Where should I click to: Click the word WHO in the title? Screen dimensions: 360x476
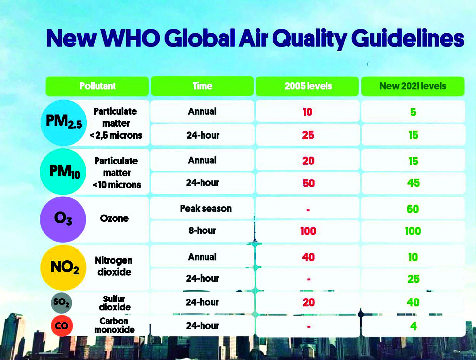(x=130, y=38)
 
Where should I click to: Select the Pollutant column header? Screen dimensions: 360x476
(x=97, y=86)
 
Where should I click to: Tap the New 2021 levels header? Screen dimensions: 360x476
(x=413, y=86)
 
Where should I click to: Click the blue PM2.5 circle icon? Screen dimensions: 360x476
(x=64, y=123)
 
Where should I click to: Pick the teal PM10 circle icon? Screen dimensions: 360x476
(x=63, y=172)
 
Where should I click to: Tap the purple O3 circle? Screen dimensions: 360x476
(x=63, y=219)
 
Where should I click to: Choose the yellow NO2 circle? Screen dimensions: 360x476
(x=63, y=267)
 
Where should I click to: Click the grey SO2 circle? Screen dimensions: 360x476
(x=62, y=302)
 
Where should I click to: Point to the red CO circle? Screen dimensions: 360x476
(x=62, y=326)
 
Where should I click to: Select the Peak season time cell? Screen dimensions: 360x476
(x=205, y=209)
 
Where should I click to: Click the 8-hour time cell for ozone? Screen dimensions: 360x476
(x=202, y=231)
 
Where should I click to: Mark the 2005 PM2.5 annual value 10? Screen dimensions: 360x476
(x=308, y=112)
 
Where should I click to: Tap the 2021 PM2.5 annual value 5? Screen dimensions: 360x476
(x=413, y=112)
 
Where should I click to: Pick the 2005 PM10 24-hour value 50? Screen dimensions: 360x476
(x=309, y=183)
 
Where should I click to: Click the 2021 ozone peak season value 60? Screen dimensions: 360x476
(x=413, y=209)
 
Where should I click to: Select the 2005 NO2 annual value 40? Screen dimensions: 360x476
(x=308, y=257)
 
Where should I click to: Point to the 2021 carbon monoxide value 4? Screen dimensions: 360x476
(x=413, y=326)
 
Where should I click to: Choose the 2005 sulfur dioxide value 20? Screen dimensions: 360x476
(x=309, y=302)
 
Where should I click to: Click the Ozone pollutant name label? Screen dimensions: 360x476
(x=114, y=218)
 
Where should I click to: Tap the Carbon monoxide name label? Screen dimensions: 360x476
(x=114, y=325)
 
